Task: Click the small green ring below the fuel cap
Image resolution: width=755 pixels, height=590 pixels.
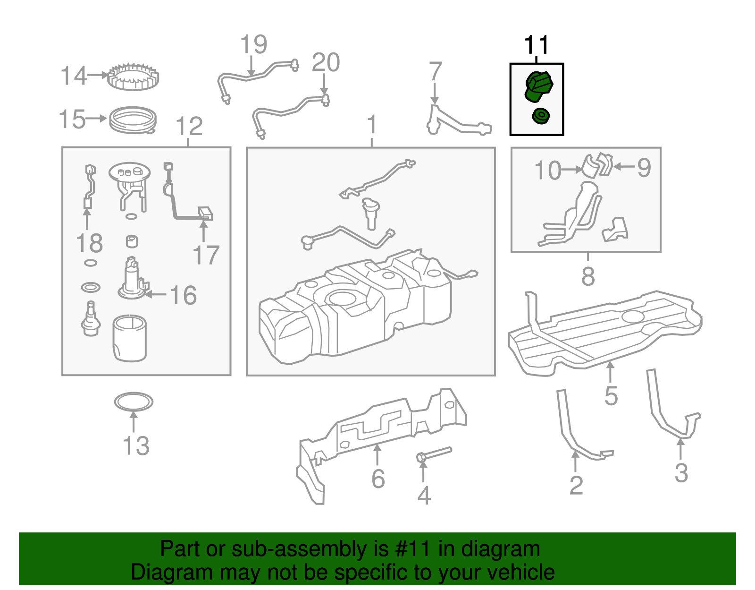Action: (540, 116)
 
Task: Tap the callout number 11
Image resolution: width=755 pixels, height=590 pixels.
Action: (537, 45)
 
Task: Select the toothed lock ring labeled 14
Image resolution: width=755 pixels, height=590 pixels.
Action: (133, 77)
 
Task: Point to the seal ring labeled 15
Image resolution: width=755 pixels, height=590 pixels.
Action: (133, 120)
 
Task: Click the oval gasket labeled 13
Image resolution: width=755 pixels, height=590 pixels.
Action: (134, 402)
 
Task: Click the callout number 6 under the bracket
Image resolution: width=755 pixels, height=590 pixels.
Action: (378, 479)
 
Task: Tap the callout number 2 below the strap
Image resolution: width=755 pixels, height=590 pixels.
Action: (576, 485)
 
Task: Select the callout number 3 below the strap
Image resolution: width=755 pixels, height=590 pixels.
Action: (681, 473)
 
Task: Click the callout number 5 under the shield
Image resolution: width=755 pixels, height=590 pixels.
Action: (611, 396)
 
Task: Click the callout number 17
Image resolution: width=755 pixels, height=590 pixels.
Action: (206, 256)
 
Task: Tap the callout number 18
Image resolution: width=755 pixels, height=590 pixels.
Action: (89, 244)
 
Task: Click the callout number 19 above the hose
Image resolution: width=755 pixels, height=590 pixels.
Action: (253, 45)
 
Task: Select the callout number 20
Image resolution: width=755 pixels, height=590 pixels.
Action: (326, 63)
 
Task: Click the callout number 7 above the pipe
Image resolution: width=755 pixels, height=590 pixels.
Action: (435, 71)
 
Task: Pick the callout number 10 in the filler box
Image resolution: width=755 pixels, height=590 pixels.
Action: (547, 170)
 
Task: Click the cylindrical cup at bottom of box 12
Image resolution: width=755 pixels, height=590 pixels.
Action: (130, 338)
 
